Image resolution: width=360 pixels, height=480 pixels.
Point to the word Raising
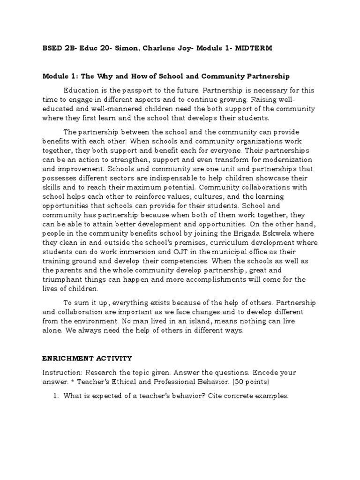coord(267,99)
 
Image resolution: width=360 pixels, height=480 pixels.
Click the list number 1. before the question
coord(54,396)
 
